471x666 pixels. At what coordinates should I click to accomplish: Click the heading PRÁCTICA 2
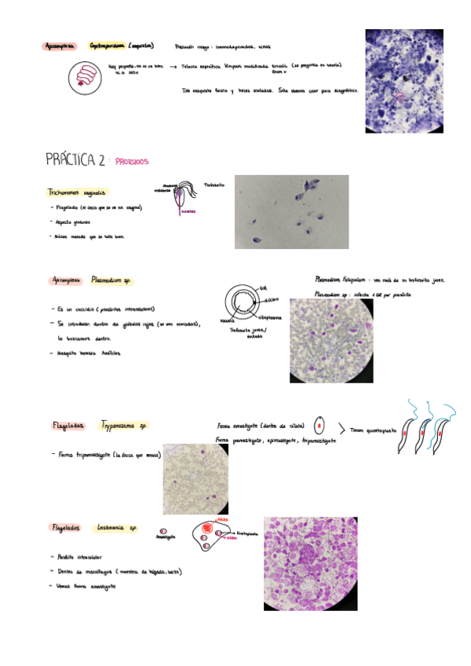point(75,161)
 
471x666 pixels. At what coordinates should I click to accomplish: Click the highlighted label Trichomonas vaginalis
point(76,192)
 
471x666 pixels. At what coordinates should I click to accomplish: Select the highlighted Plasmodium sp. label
point(110,279)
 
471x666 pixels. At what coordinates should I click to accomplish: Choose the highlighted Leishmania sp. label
point(118,529)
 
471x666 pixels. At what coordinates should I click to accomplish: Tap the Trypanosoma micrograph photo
point(196,478)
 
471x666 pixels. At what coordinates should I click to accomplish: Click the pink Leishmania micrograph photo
point(310,564)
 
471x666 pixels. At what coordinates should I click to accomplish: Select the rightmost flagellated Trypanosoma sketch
point(443,430)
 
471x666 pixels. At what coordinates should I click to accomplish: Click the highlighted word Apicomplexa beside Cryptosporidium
point(60,46)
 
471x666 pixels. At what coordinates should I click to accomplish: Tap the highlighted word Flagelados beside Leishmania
point(66,529)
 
